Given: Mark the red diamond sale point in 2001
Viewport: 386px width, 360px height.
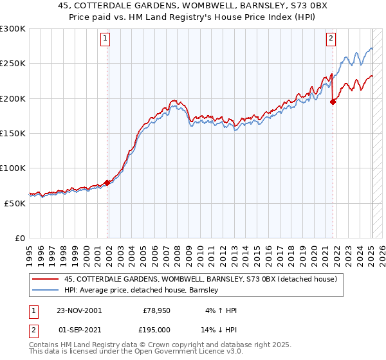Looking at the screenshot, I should (x=107, y=183).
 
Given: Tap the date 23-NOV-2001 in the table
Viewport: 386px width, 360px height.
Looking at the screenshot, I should (x=79, y=310).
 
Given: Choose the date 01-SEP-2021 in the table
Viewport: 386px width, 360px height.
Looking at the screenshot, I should (x=79, y=329).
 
